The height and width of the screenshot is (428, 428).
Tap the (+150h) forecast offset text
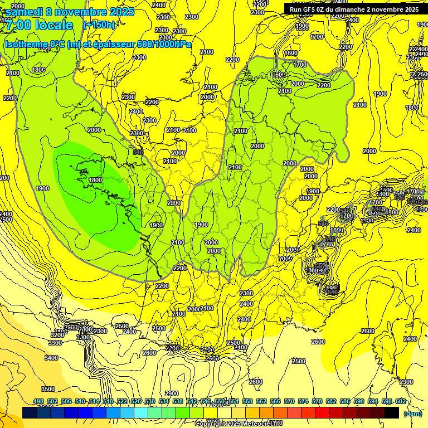[99, 25]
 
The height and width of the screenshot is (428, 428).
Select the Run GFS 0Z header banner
[354, 9]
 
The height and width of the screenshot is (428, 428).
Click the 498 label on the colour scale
[38, 402]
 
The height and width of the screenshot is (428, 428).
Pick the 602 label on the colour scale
[400, 402]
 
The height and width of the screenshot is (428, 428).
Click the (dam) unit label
[412, 414]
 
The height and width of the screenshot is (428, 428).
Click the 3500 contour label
[48, 389]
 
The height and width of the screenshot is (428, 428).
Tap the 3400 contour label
[51, 358]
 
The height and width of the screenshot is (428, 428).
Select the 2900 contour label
[172, 393]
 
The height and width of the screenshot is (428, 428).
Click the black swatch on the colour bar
[392, 413]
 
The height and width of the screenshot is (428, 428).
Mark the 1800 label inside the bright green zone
[95, 180]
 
